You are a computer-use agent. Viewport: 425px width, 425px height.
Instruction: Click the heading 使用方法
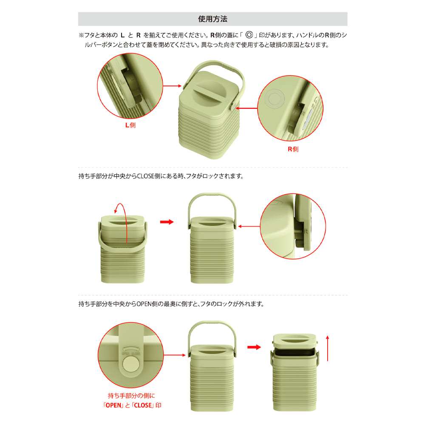click(x=212, y=19)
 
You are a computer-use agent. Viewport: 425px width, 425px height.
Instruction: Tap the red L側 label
click(x=130, y=125)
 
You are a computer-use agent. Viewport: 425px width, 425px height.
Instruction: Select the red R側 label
click(x=293, y=149)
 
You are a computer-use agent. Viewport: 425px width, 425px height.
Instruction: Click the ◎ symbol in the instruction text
click(x=249, y=35)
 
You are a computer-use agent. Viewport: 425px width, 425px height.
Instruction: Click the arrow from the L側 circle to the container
click(x=172, y=86)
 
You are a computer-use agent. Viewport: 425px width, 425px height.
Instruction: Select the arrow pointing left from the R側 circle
click(x=246, y=108)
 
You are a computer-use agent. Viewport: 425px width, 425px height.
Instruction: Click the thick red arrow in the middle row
click(x=167, y=222)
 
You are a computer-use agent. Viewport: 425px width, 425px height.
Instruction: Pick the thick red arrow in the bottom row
click(x=254, y=347)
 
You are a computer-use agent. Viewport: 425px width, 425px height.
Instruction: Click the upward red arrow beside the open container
click(x=328, y=348)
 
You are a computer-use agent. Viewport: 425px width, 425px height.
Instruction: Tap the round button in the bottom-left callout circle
click(x=130, y=363)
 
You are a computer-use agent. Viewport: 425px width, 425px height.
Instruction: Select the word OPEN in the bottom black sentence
click(x=144, y=304)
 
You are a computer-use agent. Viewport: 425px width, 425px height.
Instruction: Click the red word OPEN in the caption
click(x=113, y=405)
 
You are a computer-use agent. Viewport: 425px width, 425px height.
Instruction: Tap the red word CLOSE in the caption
click(x=143, y=405)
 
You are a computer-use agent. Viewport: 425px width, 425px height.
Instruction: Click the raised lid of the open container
click(x=295, y=342)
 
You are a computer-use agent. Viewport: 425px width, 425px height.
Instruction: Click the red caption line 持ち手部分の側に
click(x=131, y=396)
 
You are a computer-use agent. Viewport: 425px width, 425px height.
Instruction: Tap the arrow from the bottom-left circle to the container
click(x=175, y=355)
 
